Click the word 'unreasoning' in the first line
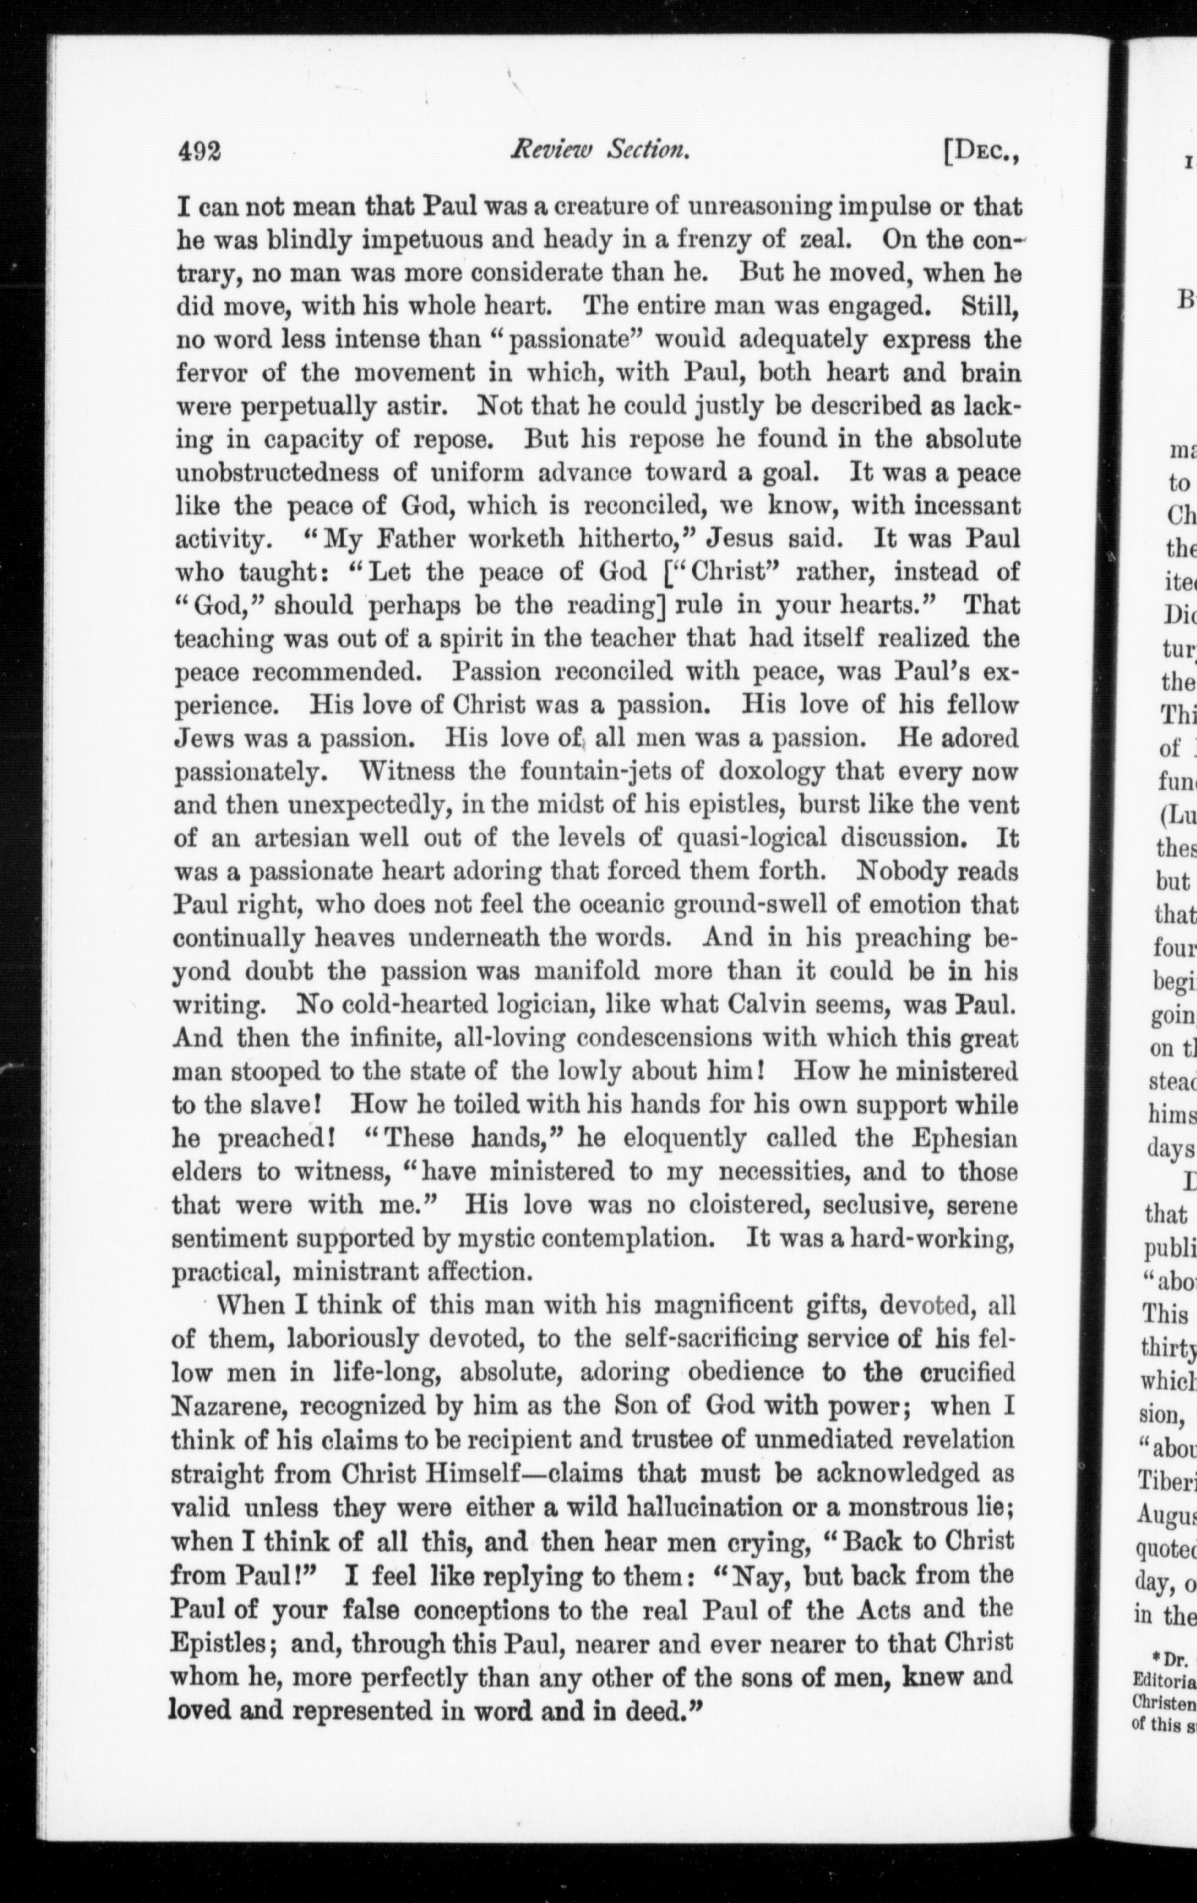(x=760, y=207)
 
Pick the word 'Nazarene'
(x=226, y=1407)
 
